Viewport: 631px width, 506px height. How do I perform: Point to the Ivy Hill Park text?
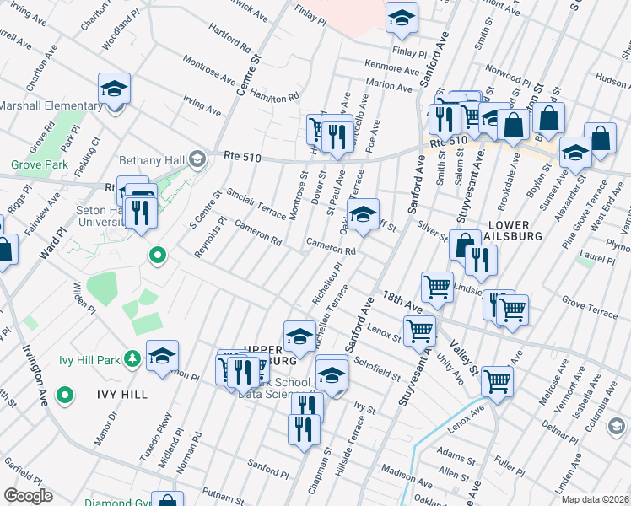coord(89,360)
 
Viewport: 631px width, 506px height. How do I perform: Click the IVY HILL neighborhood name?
coord(122,394)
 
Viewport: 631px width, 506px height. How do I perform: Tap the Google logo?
coord(28,496)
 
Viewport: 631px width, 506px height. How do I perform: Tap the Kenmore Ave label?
coord(392,65)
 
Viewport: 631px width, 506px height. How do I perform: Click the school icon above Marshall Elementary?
coord(113,89)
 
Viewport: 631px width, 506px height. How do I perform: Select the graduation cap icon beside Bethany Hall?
coord(197,158)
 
